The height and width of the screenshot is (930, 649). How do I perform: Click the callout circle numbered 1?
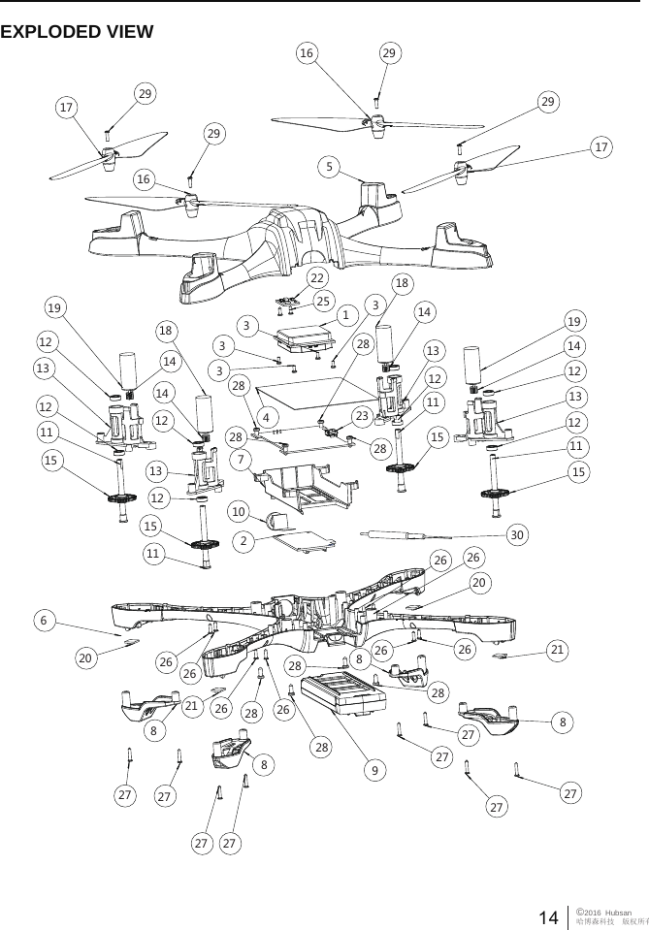pos(344,315)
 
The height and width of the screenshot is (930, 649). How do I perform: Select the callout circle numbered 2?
pos(247,540)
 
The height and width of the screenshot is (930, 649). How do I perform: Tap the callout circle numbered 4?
pos(264,419)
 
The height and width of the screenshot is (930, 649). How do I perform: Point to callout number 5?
pos(331,167)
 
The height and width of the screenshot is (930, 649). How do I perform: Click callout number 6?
pos(43,618)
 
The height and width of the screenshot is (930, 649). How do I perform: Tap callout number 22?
pos(316,277)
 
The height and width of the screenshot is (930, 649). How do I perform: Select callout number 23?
pos(361,416)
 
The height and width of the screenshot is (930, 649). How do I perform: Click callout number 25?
pos(324,301)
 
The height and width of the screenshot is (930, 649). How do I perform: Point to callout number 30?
pos(519,534)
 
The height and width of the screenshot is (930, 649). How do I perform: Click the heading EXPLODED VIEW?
pos(77,33)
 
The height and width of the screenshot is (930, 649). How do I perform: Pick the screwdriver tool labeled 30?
pos(398,533)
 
